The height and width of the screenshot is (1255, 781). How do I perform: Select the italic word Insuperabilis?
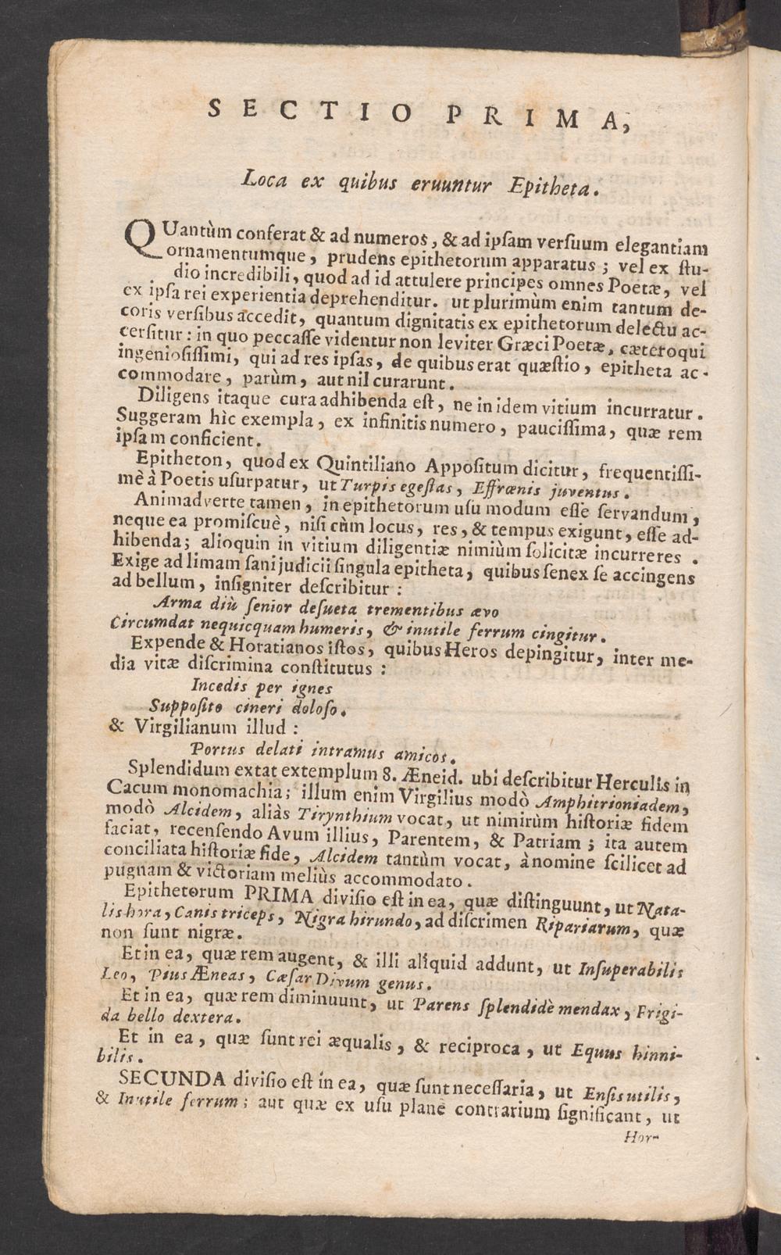pyautogui.click(x=624, y=969)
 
